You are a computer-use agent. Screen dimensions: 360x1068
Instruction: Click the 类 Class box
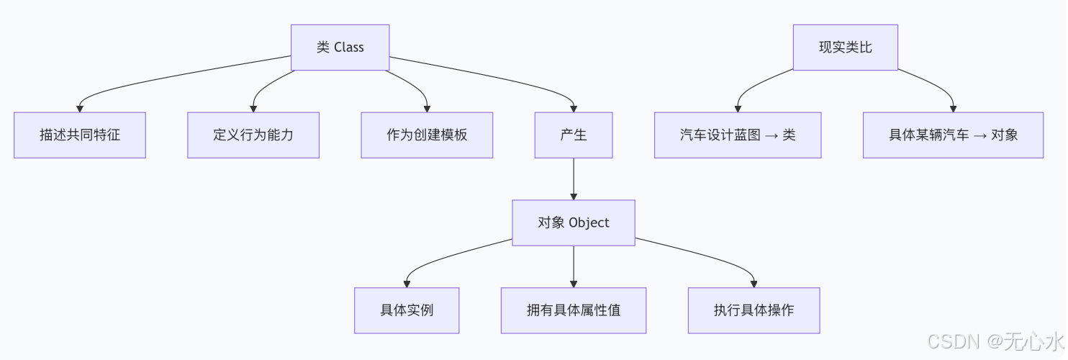pos(340,48)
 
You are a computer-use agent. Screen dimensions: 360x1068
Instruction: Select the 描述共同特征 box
pos(80,135)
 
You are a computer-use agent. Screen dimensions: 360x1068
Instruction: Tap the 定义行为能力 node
pos(253,135)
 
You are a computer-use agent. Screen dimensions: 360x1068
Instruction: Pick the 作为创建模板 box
pos(427,135)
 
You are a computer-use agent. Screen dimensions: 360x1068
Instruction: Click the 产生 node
pos(574,135)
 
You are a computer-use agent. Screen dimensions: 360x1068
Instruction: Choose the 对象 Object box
pos(574,222)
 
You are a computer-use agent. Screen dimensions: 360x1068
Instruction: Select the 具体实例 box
pos(407,310)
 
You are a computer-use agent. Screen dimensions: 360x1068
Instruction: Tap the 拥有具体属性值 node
pos(574,310)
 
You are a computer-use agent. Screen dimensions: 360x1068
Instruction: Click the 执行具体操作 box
pos(754,310)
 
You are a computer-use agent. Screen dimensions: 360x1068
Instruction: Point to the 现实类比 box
pos(846,48)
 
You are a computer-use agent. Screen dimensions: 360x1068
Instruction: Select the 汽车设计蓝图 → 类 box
pos(738,135)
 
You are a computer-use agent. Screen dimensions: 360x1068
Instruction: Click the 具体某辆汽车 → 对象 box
pos(953,135)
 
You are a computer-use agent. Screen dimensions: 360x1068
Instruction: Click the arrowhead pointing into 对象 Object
pos(574,195)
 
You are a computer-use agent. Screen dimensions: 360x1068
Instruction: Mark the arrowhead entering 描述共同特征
pos(80,108)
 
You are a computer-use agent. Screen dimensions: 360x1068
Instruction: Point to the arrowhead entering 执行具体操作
pos(754,283)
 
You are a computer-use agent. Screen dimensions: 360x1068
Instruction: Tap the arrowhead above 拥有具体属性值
pos(574,283)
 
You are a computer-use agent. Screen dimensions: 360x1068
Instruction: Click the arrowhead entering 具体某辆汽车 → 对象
pos(953,108)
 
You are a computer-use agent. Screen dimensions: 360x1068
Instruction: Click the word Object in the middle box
pos(589,222)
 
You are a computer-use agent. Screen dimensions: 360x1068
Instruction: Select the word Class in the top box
pos(349,48)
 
